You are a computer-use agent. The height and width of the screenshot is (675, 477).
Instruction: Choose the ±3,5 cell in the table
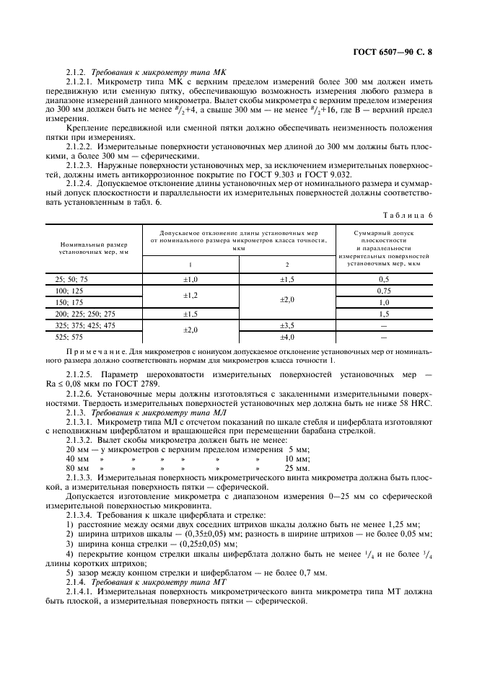pyautogui.click(x=288, y=326)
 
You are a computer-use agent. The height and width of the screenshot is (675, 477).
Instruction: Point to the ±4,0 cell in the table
pyautogui.click(x=288, y=337)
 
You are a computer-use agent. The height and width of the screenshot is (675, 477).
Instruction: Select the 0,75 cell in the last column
pyautogui.click(x=384, y=291)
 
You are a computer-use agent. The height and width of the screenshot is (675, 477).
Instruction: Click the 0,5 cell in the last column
pyautogui.click(x=384, y=279)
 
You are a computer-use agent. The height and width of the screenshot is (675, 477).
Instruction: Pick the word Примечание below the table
pyautogui.click(x=90, y=350)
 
